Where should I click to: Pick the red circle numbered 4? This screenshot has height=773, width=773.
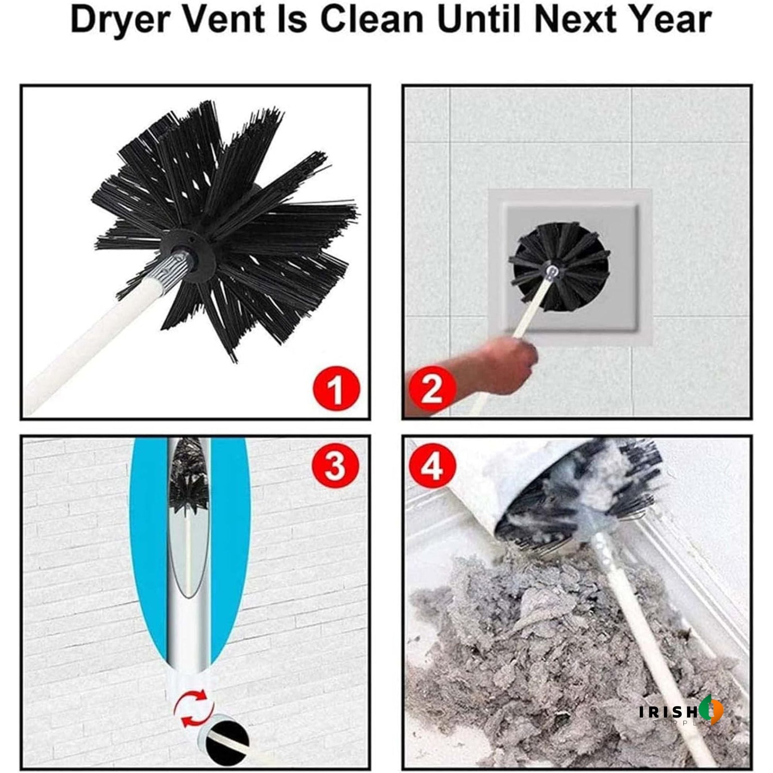432,466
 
